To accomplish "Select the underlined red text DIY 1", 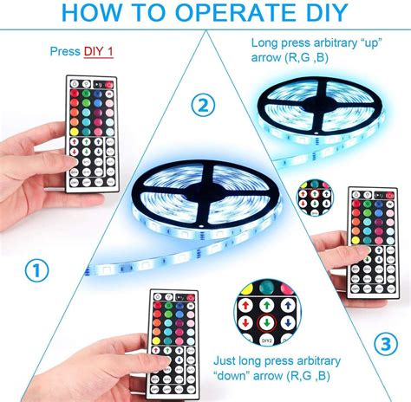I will click(x=98, y=52).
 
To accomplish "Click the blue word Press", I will click(x=65, y=52).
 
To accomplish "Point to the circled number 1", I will click(x=34, y=271).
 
